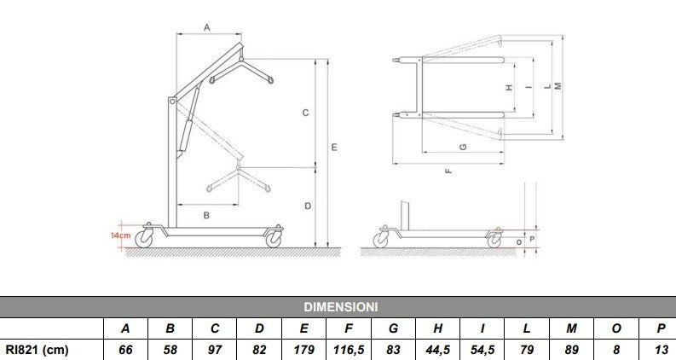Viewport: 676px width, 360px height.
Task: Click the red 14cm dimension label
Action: coord(120,235)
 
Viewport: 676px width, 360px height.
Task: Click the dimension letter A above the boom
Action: coord(207,28)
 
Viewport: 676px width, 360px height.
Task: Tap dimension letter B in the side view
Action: coord(206,216)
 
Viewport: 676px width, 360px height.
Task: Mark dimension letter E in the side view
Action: coord(335,148)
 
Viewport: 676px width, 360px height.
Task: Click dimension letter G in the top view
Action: coord(462,147)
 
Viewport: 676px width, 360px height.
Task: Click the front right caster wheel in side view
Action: coord(274,240)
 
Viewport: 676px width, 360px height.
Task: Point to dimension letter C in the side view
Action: coord(304,112)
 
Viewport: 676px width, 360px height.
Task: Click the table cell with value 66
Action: coord(125,350)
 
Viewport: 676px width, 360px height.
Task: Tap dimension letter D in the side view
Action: coord(307,206)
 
